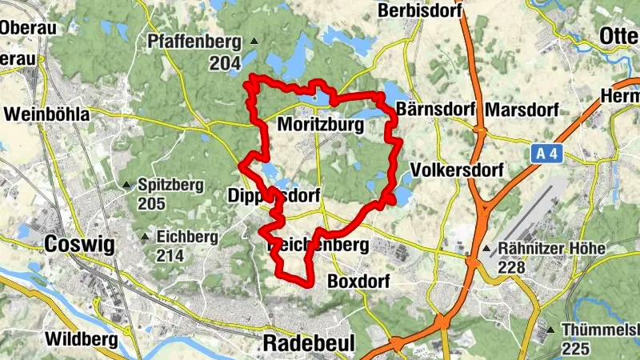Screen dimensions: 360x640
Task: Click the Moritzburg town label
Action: pos(320,126)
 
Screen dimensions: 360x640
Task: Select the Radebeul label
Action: pos(302,343)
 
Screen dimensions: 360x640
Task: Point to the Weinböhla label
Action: pos(46,114)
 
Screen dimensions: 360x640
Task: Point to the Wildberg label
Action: pos(81,339)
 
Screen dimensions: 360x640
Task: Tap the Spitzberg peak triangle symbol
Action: pos(126,186)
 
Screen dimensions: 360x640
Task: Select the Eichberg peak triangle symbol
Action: pos(145,238)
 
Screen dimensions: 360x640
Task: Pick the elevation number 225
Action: pos(576,349)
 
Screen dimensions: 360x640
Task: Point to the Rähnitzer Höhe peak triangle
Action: pos(486,249)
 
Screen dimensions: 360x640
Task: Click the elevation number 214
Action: pos(170,256)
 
